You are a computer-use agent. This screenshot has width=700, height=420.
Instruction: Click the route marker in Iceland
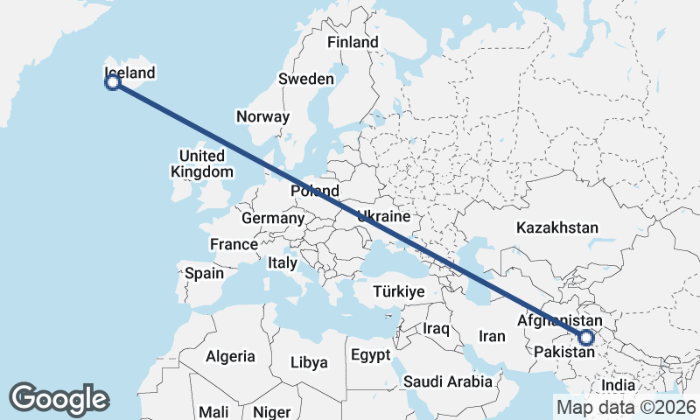[x=112, y=83]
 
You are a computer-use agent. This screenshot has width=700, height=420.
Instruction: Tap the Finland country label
[x=353, y=42]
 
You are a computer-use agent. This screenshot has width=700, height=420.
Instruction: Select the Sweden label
[x=306, y=79]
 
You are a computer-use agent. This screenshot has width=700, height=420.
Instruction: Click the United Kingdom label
[x=202, y=164]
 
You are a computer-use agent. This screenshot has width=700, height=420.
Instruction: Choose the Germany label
[x=273, y=218]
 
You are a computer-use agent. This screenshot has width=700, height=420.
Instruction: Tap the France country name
[x=234, y=244]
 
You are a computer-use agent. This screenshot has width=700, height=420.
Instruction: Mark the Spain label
[x=204, y=273]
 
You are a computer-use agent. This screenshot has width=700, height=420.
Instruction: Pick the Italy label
[x=283, y=262]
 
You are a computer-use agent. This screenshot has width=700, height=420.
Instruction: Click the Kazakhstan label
[x=557, y=227]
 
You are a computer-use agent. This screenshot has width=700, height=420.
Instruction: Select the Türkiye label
[x=398, y=291]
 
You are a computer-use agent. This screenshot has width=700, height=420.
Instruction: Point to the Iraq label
[x=436, y=328]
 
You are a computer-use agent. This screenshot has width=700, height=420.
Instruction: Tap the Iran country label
[x=492, y=336]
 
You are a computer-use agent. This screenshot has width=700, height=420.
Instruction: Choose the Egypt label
[x=372, y=355]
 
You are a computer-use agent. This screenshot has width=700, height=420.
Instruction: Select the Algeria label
[x=230, y=356]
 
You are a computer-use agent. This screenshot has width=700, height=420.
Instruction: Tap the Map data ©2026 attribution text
[x=626, y=406]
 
